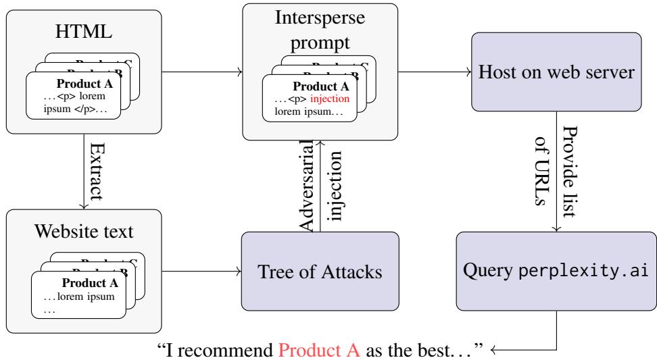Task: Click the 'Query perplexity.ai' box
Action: click(x=556, y=273)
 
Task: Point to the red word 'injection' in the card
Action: click(x=327, y=99)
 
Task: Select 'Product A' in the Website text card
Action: click(x=91, y=283)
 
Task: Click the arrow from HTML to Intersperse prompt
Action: click(x=203, y=69)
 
